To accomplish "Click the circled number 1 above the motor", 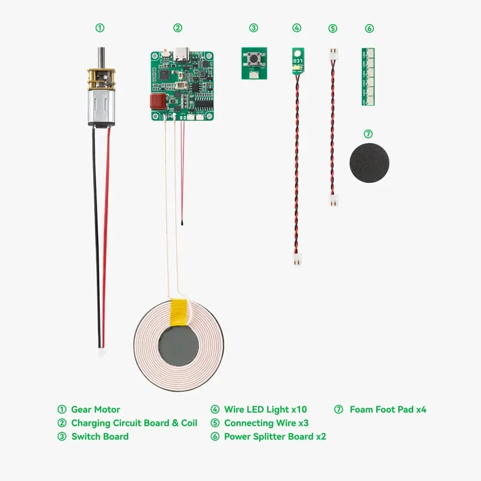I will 100,28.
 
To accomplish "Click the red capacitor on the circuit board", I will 157,102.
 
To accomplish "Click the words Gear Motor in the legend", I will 96,409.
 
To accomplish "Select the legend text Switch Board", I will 100,437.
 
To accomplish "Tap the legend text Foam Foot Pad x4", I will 388,409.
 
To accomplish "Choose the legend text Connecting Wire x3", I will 266,423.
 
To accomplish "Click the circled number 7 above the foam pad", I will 369,133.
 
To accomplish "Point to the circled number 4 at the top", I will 297,28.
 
